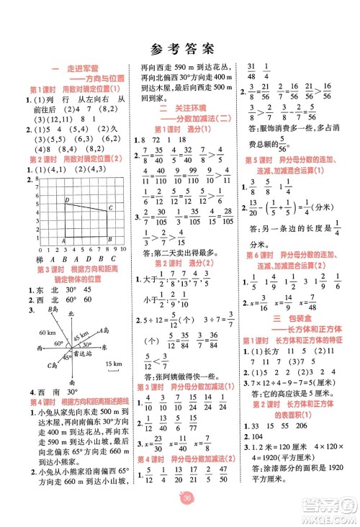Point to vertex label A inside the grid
pos(66,240)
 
